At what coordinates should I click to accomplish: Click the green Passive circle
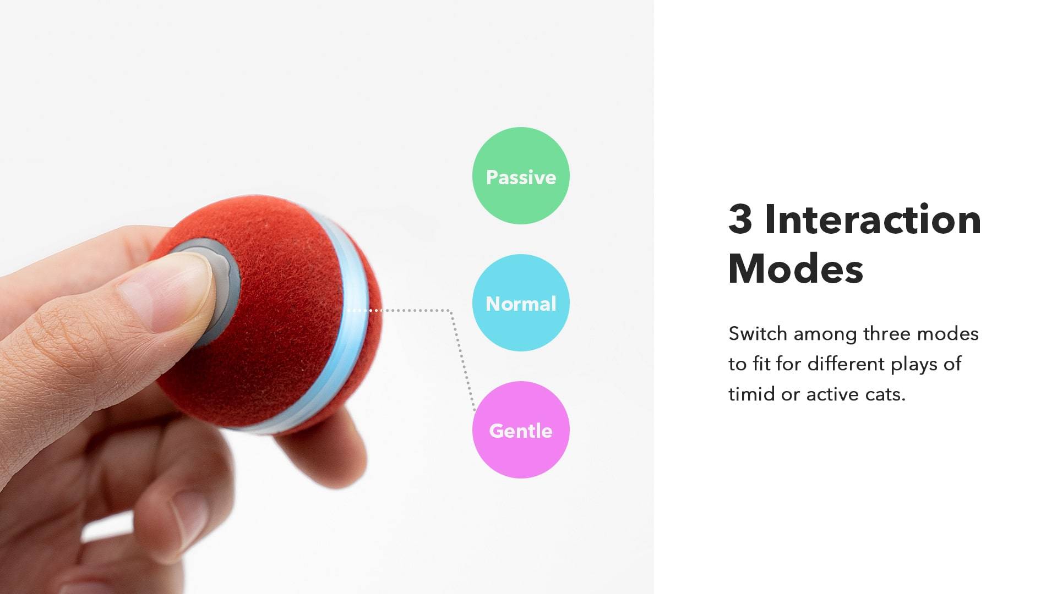521,176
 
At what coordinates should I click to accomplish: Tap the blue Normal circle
521,303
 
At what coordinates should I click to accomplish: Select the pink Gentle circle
521,430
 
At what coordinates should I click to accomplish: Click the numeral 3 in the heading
740,219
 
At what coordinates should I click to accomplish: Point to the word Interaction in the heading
873,219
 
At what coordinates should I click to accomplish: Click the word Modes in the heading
796,268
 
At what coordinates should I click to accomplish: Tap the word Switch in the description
758,333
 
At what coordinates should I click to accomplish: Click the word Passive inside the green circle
521,177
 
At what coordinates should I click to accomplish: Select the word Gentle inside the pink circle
521,431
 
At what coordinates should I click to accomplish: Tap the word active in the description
830,394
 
